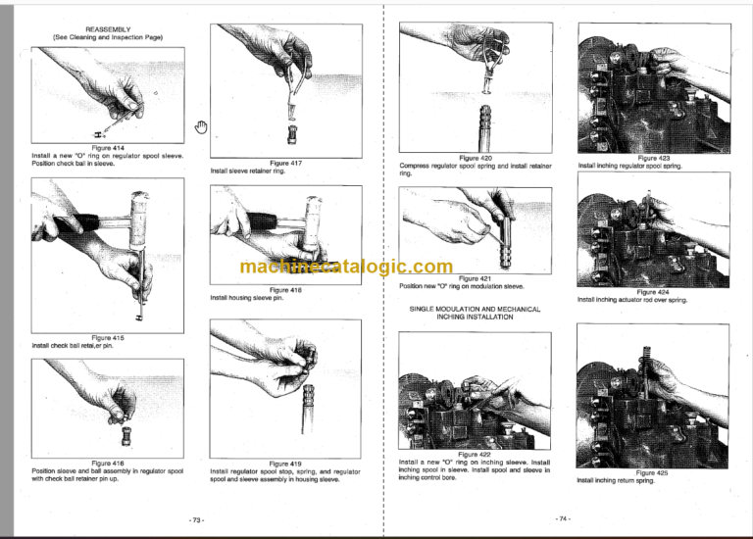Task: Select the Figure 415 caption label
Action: click(108, 338)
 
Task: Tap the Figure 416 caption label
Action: click(108, 463)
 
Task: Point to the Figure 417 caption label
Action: click(284, 163)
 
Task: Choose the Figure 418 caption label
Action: click(284, 290)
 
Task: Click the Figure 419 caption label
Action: click(284, 464)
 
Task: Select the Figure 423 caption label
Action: click(653, 158)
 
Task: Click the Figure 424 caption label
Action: click(653, 292)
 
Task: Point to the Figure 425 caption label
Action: click(653, 472)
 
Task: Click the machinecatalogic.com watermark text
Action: click(345, 268)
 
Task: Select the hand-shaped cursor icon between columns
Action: click(200, 124)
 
